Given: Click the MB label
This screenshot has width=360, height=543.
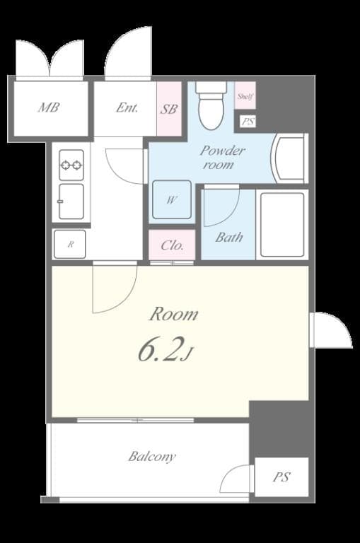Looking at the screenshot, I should (49, 108).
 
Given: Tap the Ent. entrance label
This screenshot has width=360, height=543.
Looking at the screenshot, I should (127, 108).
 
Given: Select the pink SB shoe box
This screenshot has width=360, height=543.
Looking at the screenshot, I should (169, 109).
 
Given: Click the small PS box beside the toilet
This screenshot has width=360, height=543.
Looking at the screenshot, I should (247, 122).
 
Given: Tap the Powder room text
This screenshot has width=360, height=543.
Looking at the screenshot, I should (221, 157).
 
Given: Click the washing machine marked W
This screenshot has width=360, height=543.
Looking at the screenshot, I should (171, 200).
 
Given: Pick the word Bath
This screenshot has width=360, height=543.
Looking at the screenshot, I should (229, 238).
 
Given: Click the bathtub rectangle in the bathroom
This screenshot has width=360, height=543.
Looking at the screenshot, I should (281, 224).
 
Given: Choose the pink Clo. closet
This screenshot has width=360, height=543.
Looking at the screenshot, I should (172, 245).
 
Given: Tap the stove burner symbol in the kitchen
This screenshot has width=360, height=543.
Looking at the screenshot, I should (71, 165).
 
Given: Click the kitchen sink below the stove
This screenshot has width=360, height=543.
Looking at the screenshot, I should (71, 202).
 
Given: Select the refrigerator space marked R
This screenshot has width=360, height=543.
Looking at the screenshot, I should (70, 244).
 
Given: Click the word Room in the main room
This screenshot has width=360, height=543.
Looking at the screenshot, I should (172, 314).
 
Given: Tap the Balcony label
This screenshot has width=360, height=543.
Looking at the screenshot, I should (152, 456).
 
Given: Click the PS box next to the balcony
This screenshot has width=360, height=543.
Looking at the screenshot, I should (281, 477).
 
